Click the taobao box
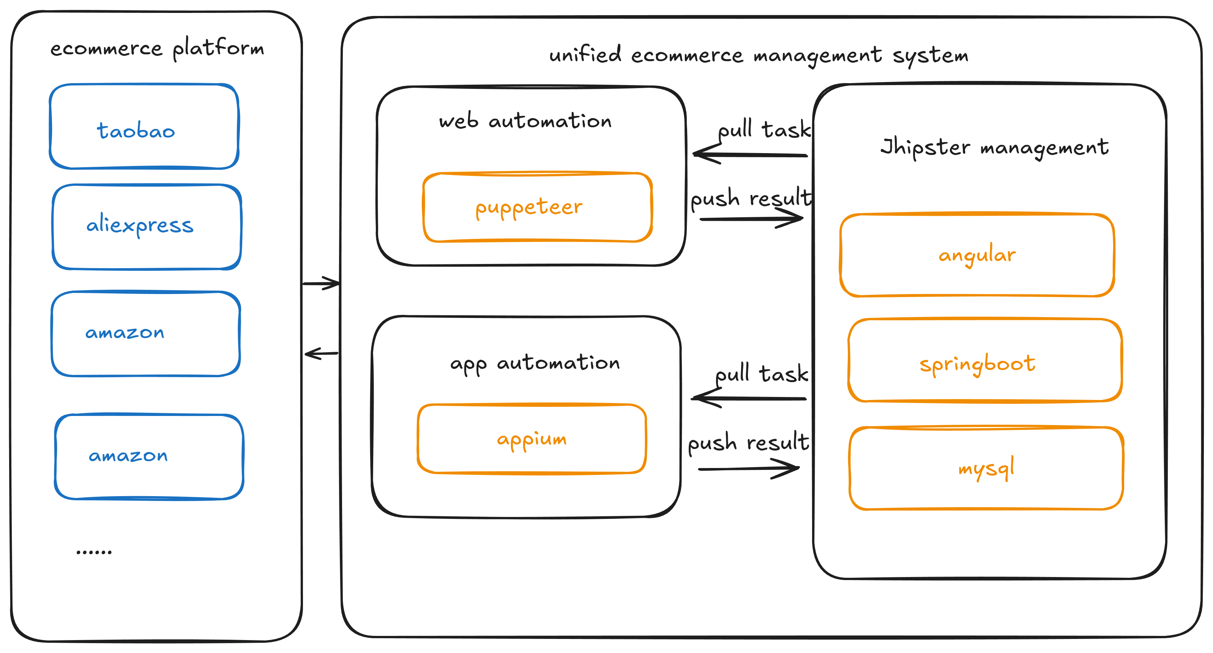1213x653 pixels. point(144,126)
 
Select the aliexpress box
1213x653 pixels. point(147,227)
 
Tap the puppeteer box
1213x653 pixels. point(537,208)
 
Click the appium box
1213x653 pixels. point(532,439)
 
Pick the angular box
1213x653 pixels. point(977,255)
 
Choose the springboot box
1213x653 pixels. point(984,360)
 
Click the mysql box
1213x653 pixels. point(986,468)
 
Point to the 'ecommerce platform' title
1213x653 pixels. point(157,49)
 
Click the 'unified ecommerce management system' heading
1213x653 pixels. point(759,55)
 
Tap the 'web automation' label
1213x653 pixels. point(525,121)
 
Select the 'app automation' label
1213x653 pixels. point(535,363)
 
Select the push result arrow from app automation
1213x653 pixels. point(749,469)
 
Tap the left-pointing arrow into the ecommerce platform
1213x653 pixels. point(321,353)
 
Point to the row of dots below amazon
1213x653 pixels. point(94,552)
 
